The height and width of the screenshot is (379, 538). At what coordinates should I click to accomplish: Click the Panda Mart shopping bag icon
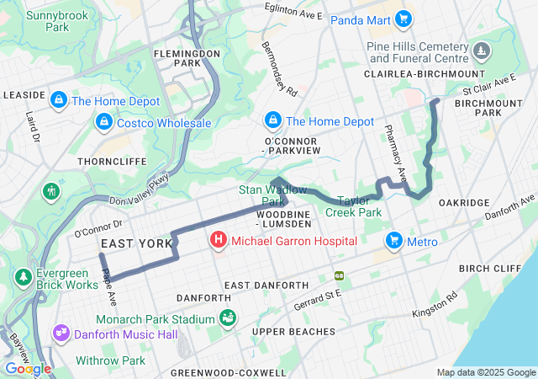(403, 19)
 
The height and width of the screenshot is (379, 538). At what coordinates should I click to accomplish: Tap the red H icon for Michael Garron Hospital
(219, 242)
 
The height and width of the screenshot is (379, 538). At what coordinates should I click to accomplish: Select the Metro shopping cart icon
(393, 242)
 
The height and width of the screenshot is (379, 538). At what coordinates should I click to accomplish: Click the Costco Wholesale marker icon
(103, 124)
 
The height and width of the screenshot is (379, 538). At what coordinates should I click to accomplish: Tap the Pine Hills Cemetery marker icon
(480, 52)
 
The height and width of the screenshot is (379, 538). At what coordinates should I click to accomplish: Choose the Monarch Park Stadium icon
(227, 318)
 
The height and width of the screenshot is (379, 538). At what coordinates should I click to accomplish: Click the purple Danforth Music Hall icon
(60, 335)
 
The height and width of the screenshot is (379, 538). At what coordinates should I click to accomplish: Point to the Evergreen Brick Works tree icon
(22, 277)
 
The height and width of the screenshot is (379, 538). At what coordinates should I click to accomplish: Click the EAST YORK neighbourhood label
(126, 243)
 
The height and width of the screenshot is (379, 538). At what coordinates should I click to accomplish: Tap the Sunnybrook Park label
(46, 21)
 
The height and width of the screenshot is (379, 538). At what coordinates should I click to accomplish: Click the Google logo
(27, 369)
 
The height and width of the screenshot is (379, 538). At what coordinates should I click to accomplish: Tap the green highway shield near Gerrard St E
(340, 275)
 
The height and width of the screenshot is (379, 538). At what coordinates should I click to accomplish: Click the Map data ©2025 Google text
(485, 372)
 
